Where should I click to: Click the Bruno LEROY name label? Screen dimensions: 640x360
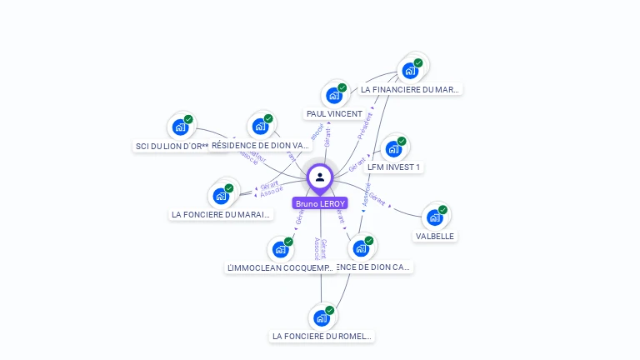[x=320, y=203]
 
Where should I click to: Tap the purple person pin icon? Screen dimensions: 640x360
[x=320, y=177]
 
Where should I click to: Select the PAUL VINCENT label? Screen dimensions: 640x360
[x=334, y=113]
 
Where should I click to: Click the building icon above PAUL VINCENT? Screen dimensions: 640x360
[x=334, y=95]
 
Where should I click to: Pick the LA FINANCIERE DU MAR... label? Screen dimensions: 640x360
[x=410, y=89]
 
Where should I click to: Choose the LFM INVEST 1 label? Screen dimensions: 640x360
[x=394, y=167]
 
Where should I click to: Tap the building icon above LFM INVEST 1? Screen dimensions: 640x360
[x=393, y=149]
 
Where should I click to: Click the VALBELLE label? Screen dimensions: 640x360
[x=435, y=236]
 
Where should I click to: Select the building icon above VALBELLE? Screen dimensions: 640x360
[x=434, y=217]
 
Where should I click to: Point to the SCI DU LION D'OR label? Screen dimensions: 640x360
[x=172, y=146]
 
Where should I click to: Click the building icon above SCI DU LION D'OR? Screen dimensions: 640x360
[x=180, y=127]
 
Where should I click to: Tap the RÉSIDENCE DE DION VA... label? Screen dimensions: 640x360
[x=261, y=145]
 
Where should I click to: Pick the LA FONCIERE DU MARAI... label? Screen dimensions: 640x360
[x=221, y=214]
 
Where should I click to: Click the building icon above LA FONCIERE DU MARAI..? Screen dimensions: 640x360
[x=221, y=196]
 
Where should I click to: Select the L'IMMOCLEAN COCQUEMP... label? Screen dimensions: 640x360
[x=281, y=267]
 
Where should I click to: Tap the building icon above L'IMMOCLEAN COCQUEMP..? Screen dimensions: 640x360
[x=280, y=249]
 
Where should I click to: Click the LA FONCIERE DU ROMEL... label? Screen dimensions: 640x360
[x=322, y=336]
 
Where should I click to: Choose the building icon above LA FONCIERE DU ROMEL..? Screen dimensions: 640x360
[x=321, y=317]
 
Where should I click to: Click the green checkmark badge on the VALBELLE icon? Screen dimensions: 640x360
[x=442, y=210]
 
